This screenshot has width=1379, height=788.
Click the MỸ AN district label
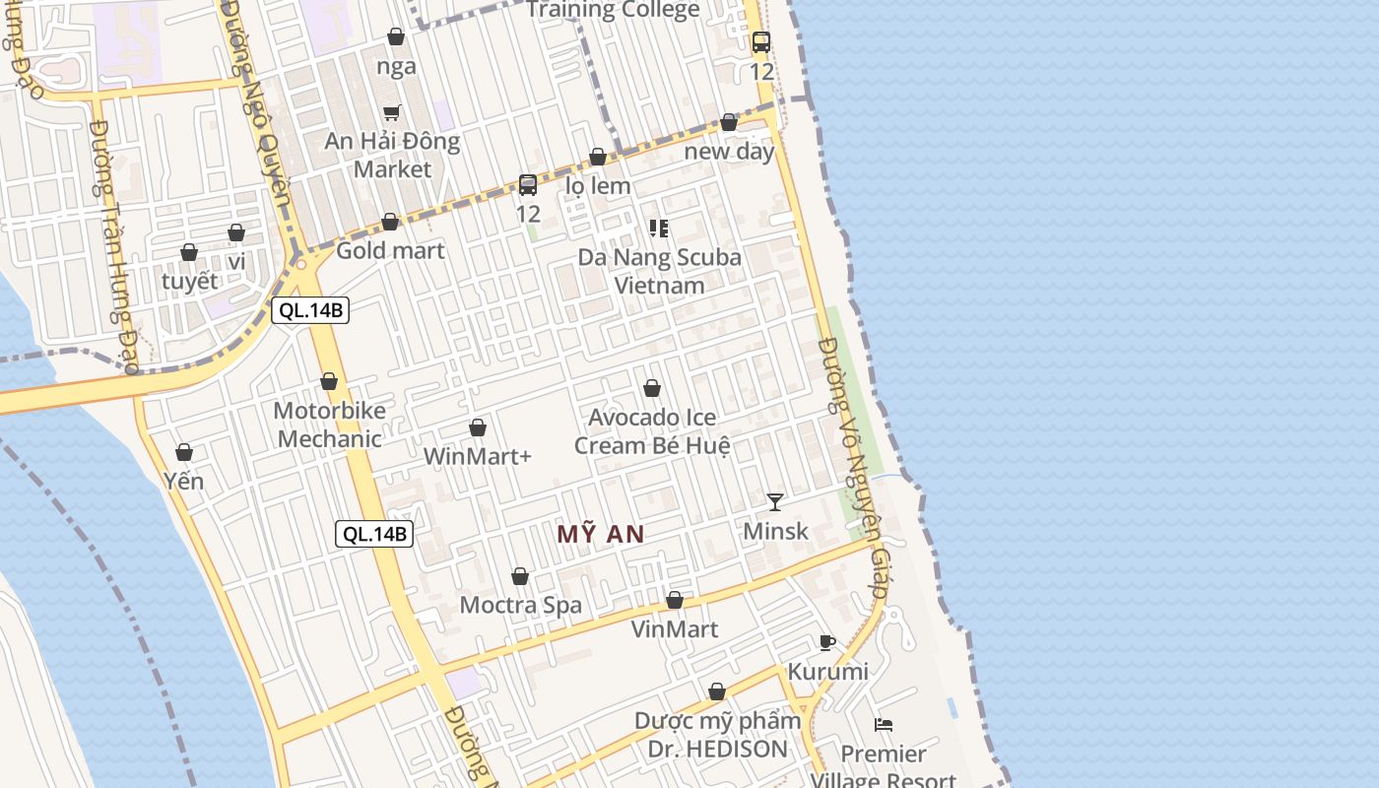tap(601, 534)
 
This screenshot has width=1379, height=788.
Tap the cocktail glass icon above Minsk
tap(775, 502)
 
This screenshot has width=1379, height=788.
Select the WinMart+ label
tap(478, 456)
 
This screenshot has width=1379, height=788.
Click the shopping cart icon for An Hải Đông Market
tap(392, 112)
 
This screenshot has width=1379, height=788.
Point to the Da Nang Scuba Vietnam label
tap(659, 272)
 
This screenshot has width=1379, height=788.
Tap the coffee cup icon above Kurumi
tap(827, 643)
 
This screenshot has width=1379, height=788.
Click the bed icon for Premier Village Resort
tap(884, 725)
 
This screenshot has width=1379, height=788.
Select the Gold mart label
tap(390, 250)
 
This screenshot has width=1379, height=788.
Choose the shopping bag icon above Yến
tap(184, 452)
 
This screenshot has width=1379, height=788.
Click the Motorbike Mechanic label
tap(329, 425)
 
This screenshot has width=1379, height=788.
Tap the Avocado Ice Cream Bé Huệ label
tap(652, 431)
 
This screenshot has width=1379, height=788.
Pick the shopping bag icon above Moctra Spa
tap(520, 576)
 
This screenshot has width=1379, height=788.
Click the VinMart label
tap(675, 628)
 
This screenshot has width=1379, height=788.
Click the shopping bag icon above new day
tap(729, 123)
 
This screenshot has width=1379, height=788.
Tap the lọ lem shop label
tap(598, 185)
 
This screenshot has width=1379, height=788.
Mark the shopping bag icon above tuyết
tap(189, 253)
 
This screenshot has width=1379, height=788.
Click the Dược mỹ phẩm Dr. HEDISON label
tap(717, 735)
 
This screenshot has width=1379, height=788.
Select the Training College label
tap(614, 11)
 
